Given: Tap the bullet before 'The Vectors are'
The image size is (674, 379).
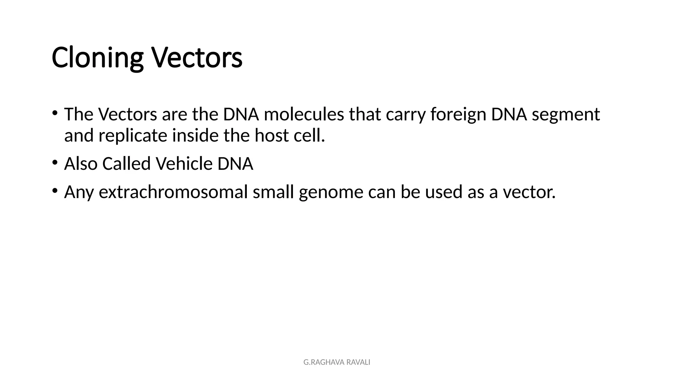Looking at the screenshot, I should coord(55,113).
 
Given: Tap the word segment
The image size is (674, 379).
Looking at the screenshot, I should coord(566,114).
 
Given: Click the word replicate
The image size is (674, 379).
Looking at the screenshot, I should coord(133,136).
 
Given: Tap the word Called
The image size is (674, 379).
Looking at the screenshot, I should coord(126,164).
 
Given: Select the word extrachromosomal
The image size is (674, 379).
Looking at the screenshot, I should coord(173,192).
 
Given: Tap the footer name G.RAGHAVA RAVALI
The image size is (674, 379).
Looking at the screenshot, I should coord(337,362).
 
